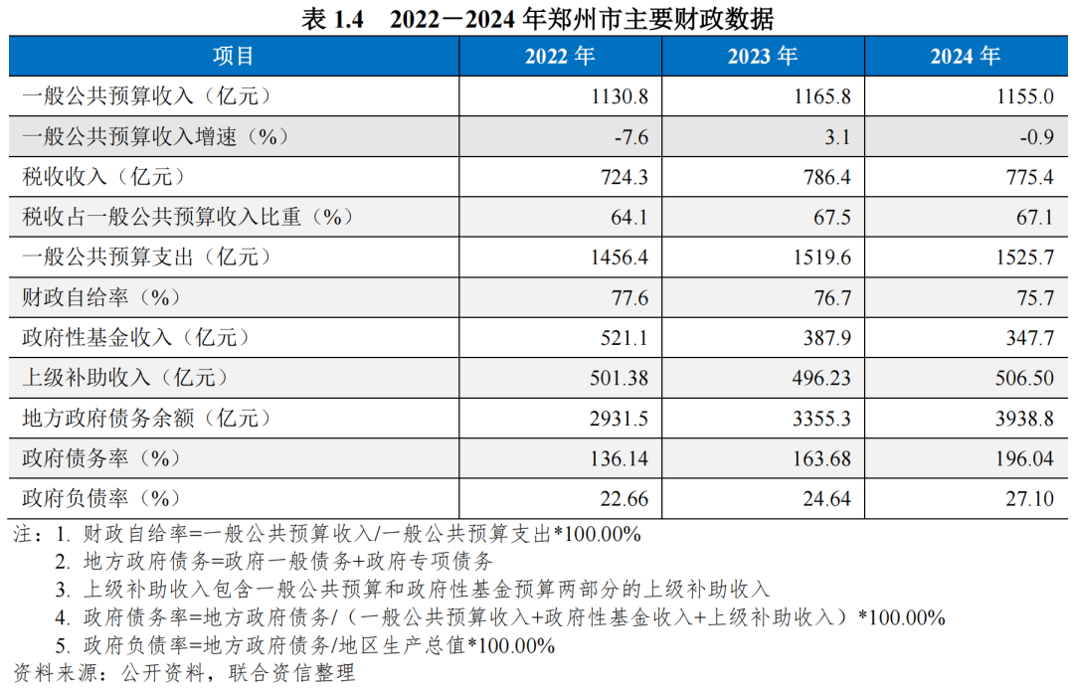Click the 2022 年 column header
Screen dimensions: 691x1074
560,57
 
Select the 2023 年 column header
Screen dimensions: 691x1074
763,57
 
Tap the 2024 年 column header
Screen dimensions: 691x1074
966,57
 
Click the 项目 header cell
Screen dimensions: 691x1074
234,57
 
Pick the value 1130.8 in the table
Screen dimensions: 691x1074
619,97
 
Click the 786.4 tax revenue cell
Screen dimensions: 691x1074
826,177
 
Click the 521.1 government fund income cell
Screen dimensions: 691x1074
624,338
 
